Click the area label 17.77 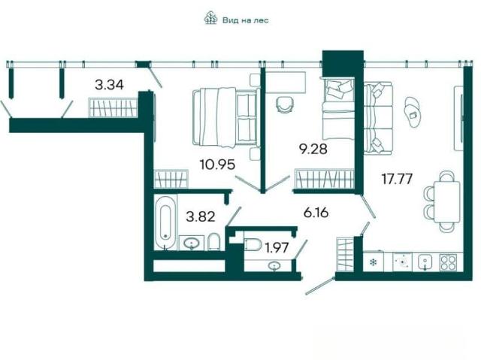click(x=397, y=179)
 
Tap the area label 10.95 click(x=217, y=165)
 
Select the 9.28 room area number click(x=313, y=150)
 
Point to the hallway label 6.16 click(x=316, y=212)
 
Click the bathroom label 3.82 click(x=201, y=216)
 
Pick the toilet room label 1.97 click(x=277, y=247)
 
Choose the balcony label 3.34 click(x=109, y=85)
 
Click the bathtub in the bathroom click(x=165, y=222)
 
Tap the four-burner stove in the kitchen click(x=447, y=262)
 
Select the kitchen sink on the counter click(x=425, y=262)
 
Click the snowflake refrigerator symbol click(x=373, y=262)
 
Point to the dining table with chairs click(x=443, y=201)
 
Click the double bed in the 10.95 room click(x=225, y=116)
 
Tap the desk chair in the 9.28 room click(x=284, y=105)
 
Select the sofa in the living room click(x=378, y=117)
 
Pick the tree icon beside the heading click(x=210, y=18)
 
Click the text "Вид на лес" click(x=246, y=20)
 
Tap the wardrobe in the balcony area click(x=113, y=107)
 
